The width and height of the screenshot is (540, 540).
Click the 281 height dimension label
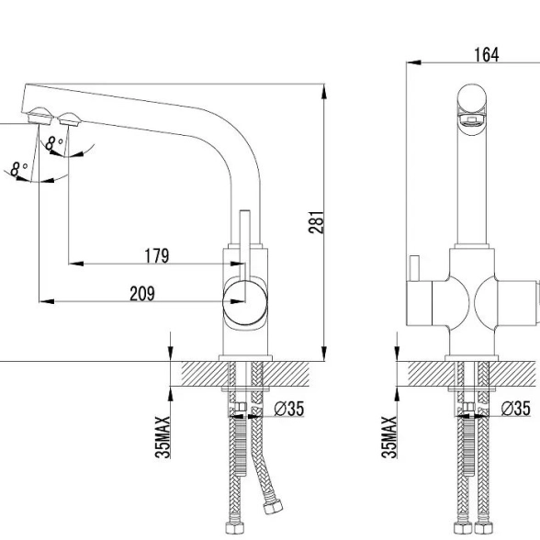(316, 222)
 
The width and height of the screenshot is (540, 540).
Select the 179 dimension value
(157, 256)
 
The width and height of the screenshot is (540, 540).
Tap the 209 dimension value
(142, 294)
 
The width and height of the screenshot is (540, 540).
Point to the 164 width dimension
(487, 55)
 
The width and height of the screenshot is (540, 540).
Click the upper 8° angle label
(53, 143)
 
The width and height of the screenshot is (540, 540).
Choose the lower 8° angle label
(19, 169)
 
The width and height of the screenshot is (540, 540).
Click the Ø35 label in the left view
(289, 409)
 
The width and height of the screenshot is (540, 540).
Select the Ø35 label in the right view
(515, 409)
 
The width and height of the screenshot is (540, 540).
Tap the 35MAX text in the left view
(163, 437)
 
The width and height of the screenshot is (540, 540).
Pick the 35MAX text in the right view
(389, 437)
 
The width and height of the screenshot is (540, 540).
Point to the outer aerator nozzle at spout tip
(40, 116)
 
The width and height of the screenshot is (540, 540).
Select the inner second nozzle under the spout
(70, 118)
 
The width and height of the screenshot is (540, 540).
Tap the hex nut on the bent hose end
(273, 507)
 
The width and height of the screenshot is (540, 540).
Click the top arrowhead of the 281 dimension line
(323, 91)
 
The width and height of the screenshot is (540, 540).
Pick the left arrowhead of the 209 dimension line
(47, 301)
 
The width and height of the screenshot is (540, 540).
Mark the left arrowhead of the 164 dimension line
(413, 62)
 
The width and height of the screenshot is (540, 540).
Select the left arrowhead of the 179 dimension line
(76, 264)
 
